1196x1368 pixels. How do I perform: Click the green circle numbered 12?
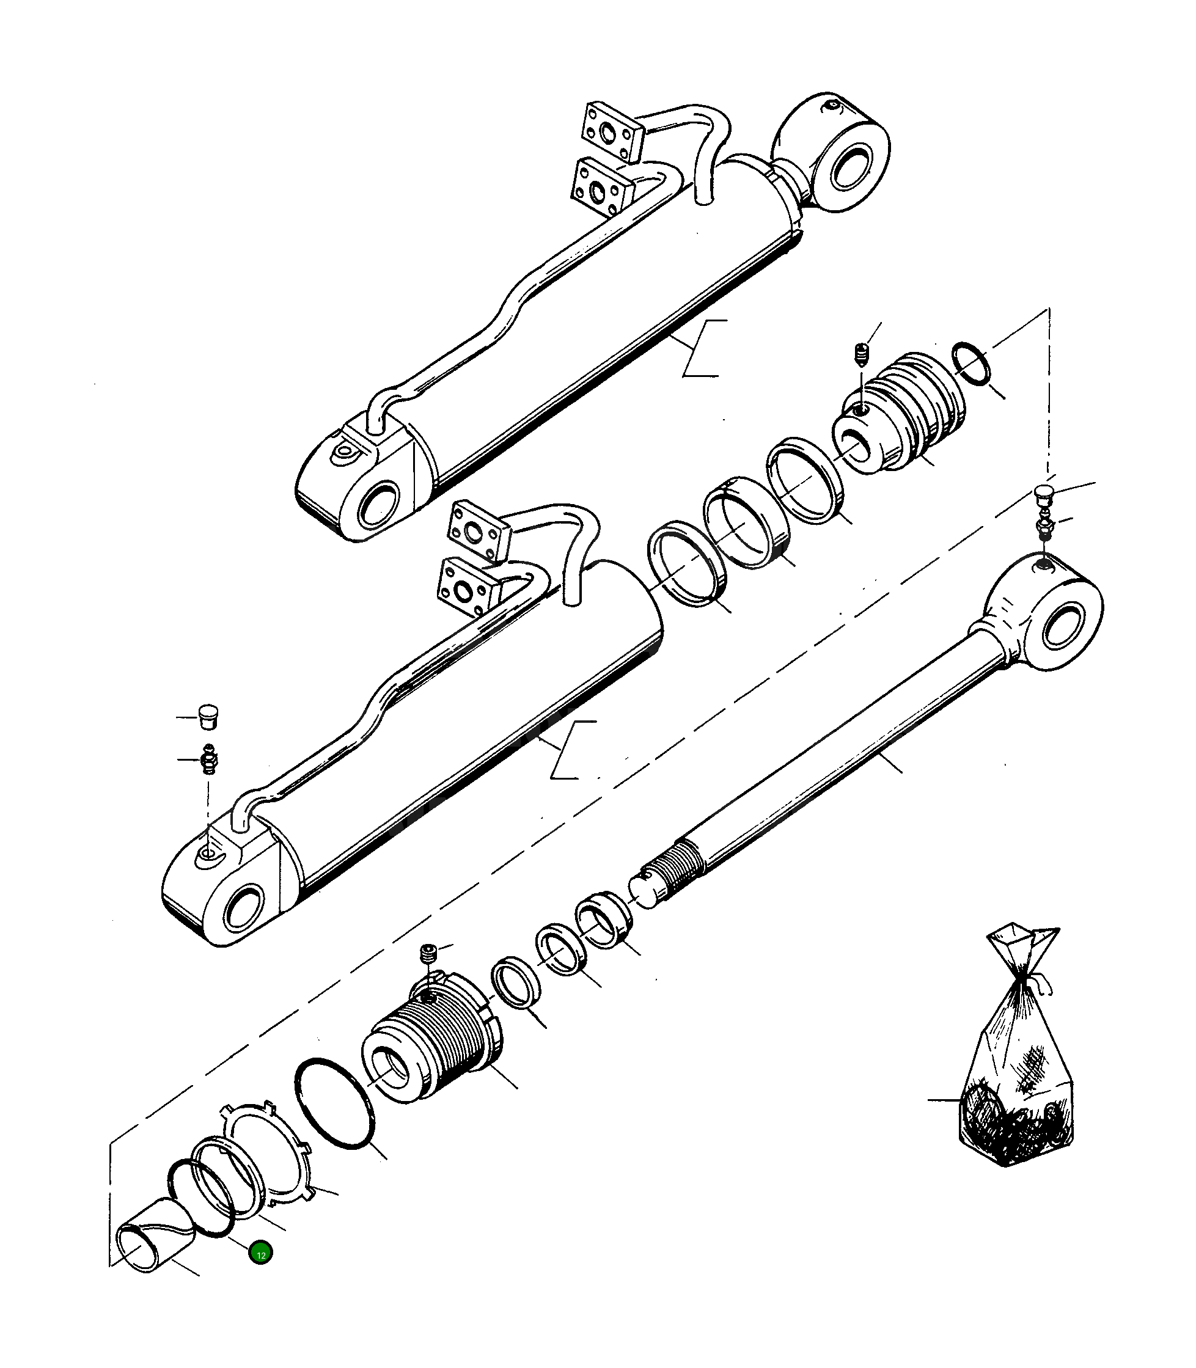pos(260,1254)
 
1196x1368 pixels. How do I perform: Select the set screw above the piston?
pos(861,353)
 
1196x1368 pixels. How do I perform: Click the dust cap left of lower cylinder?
pos(210,716)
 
